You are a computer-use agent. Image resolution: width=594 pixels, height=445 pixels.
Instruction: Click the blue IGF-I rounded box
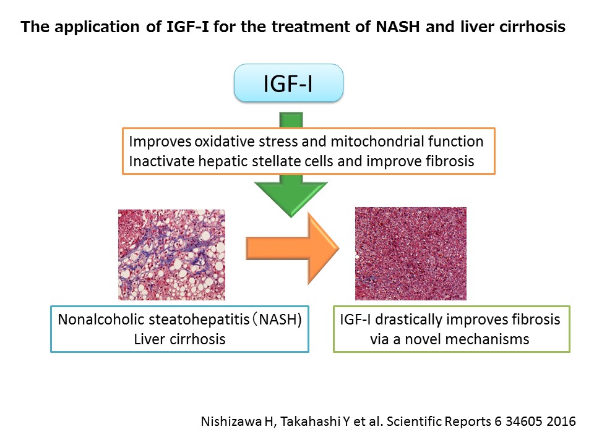[289, 83]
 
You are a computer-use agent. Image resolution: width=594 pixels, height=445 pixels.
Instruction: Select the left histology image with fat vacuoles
[171, 255]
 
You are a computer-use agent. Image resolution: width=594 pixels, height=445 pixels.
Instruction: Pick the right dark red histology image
[411, 253]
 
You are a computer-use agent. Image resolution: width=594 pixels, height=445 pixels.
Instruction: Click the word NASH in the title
[398, 27]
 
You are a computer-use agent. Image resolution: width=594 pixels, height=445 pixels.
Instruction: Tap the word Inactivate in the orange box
[161, 161]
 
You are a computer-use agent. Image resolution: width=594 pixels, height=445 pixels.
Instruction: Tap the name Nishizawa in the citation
[231, 421]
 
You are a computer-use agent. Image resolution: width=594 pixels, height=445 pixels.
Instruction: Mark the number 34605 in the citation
[524, 421]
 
